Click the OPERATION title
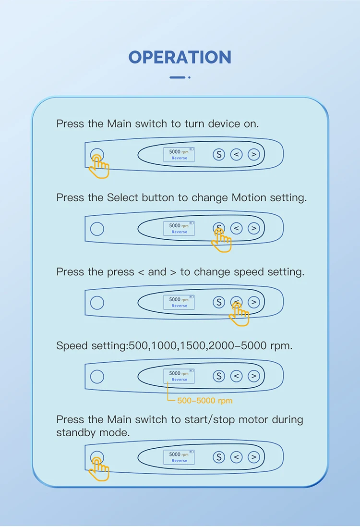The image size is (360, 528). (180, 57)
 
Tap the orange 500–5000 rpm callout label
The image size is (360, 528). (205, 401)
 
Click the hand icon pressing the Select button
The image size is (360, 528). (222, 240)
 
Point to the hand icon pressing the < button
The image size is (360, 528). (239, 314)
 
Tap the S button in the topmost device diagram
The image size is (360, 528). (219, 155)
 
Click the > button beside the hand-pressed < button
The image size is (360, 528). (254, 302)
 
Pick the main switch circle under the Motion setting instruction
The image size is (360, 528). (97, 229)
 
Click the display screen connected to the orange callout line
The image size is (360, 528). (179, 376)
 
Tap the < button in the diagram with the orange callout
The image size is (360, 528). (237, 376)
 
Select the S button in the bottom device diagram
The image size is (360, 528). (219, 457)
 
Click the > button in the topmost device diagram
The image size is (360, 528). (254, 155)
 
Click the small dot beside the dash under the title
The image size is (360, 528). (190, 77)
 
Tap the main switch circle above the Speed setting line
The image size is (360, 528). (97, 303)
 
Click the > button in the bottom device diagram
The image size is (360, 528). (254, 457)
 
